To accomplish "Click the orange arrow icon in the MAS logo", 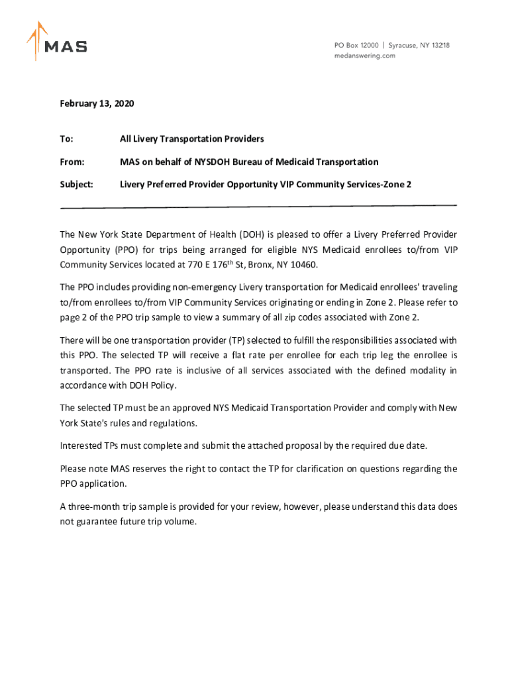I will (x=37, y=40).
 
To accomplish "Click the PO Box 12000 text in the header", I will (x=356, y=45).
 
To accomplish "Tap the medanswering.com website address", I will (x=364, y=56).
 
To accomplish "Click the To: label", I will (x=66, y=139).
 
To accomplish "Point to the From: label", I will (x=72, y=162).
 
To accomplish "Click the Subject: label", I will (x=76, y=184).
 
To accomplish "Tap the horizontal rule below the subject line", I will (x=258, y=207).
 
